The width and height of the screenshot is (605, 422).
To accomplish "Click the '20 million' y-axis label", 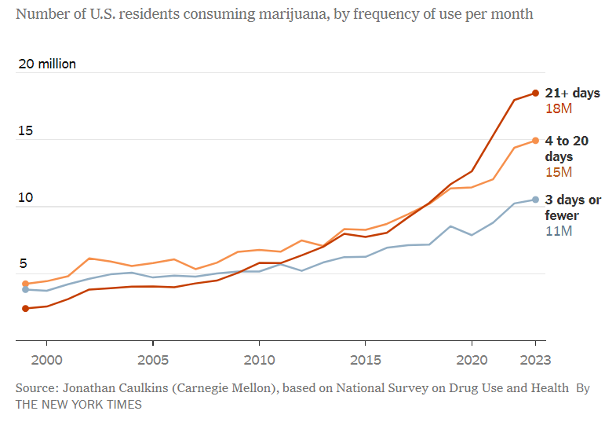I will point(47,64).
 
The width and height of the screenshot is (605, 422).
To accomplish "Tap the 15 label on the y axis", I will point(25,130).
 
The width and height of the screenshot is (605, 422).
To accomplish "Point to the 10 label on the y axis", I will point(25,197).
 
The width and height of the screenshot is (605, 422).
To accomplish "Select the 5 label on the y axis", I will point(23,264).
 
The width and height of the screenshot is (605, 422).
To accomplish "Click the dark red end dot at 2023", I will point(536,93).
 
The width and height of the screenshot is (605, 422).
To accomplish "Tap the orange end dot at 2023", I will point(536,141).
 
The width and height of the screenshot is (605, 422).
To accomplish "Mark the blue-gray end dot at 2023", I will point(536,200).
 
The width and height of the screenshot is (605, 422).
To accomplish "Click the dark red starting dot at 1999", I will point(25,308).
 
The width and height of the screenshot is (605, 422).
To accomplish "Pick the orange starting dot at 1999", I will point(25,284).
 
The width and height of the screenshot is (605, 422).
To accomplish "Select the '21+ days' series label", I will point(572,93).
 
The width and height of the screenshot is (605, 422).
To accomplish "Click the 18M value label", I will point(558,108).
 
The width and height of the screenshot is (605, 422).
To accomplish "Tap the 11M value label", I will point(558,231).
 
